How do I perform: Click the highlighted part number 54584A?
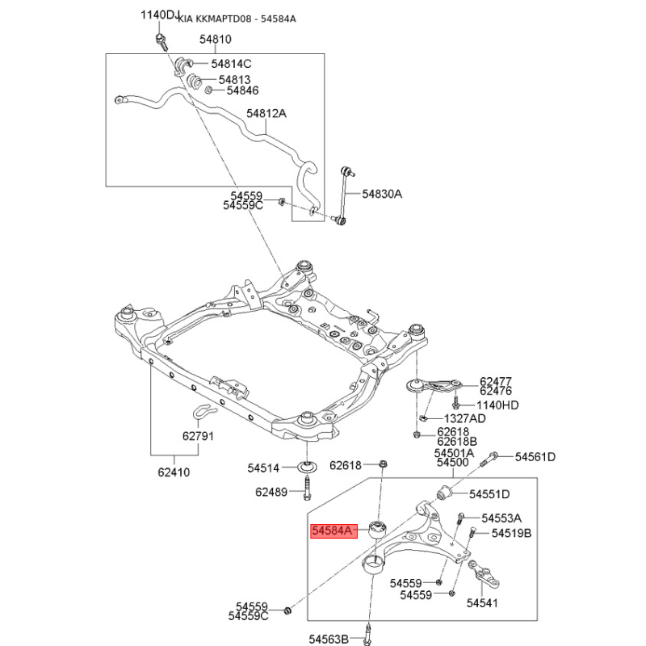click(x=333, y=531)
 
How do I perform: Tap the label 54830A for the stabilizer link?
click(x=381, y=194)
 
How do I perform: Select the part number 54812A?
click(x=266, y=114)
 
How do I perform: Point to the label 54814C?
click(x=232, y=64)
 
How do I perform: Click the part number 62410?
click(x=174, y=472)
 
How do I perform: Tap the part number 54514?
click(x=263, y=468)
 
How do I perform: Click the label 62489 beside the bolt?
click(x=271, y=491)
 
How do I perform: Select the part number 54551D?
click(x=489, y=493)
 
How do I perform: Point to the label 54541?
click(x=483, y=602)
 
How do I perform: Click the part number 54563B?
click(x=329, y=639)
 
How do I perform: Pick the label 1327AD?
click(x=464, y=418)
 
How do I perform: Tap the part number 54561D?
click(x=536, y=457)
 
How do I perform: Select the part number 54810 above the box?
click(x=216, y=39)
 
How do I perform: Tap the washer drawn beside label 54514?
click(x=308, y=467)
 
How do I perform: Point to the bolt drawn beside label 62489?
click(x=308, y=489)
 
